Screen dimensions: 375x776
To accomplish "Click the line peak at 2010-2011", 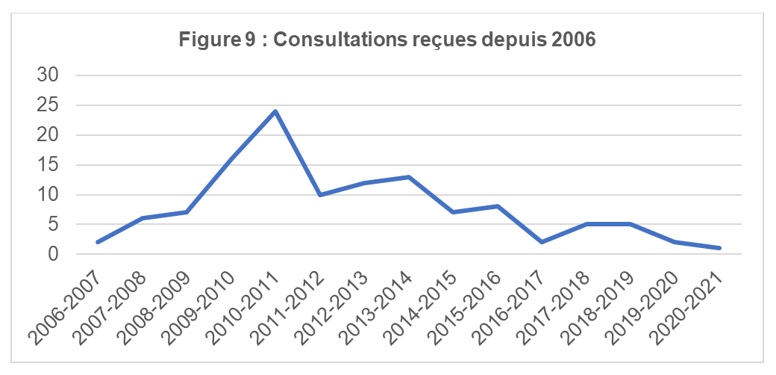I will [276, 111].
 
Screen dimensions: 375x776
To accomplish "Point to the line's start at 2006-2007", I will [97, 242].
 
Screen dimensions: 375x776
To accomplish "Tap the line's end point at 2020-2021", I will [719, 248].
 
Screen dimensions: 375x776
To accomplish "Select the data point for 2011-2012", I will [320, 195].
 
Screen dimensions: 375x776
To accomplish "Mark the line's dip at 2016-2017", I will [542, 242].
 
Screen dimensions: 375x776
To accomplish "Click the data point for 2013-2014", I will [409, 177].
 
